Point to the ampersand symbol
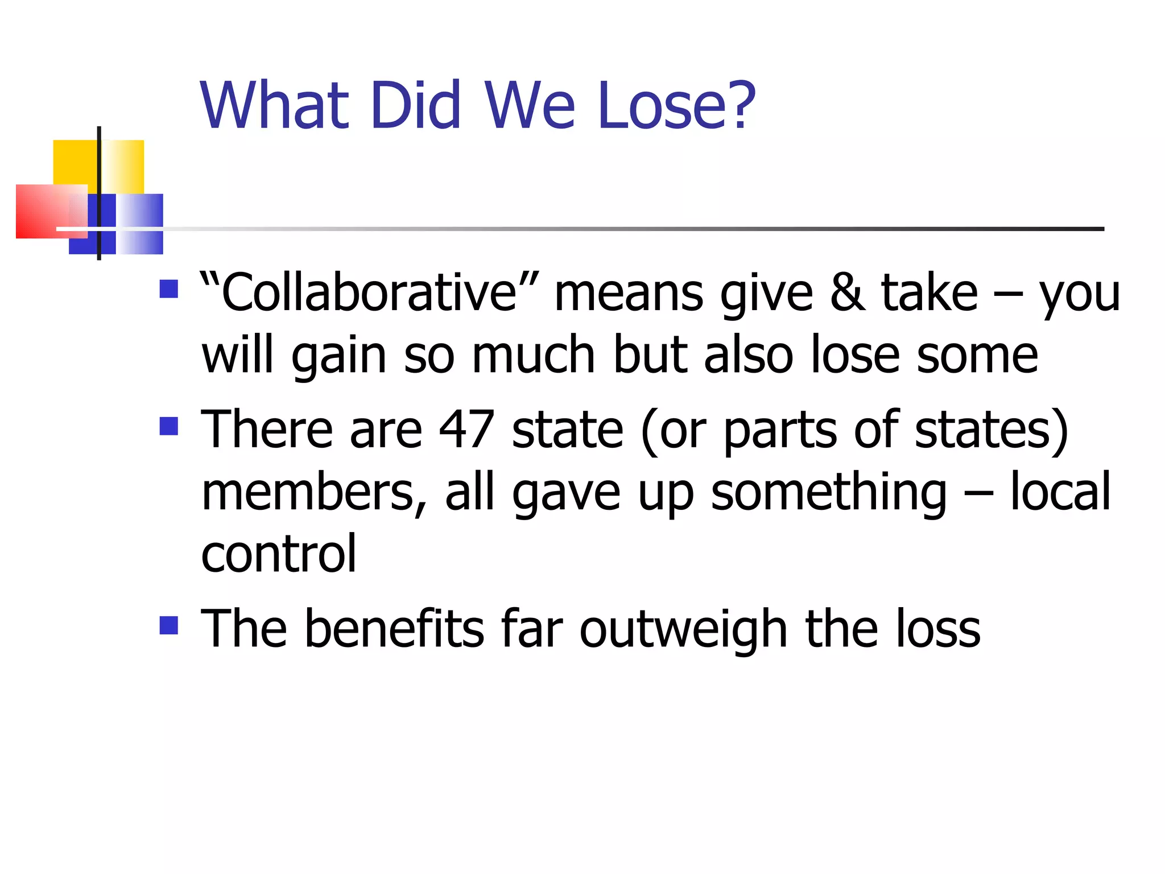click(848, 292)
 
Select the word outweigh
click(683, 629)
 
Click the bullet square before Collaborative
click(169, 289)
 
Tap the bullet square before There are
click(169, 426)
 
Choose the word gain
click(339, 356)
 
